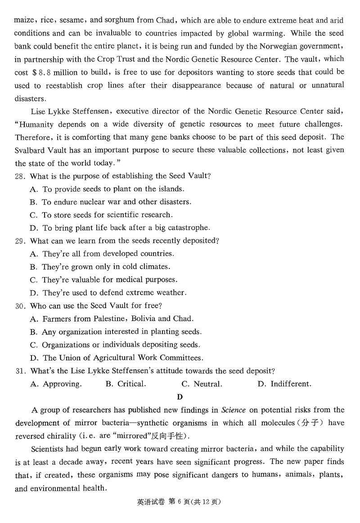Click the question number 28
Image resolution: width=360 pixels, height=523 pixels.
pos(20,176)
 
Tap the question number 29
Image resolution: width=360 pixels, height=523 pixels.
pos(20,241)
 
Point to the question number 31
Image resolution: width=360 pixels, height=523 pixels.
pos(20,371)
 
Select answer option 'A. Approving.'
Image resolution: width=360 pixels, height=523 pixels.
pos(56,384)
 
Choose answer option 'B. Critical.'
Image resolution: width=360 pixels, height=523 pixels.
pos(126,384)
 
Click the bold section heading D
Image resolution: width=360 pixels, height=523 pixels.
pos(180,397)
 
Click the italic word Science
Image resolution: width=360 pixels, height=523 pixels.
pos(234,410)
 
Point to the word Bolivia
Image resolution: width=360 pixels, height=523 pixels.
pos(144,319)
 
